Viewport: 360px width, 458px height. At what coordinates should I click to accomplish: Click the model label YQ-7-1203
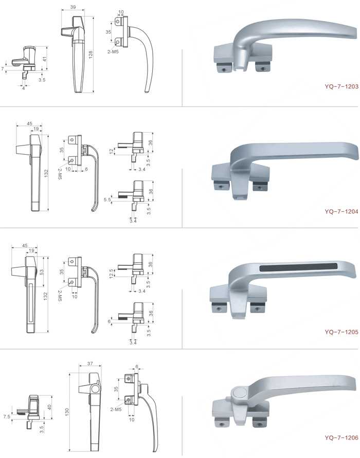coord(341,86)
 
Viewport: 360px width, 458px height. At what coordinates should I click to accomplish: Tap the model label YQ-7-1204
coord(341,211)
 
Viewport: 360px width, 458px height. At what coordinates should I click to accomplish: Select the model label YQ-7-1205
coord(341,332)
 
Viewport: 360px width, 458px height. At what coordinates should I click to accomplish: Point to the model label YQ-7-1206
coord(341,437)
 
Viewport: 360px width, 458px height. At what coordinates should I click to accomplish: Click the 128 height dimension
coord(91,54)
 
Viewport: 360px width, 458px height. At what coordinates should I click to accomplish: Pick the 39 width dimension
coord(73,7)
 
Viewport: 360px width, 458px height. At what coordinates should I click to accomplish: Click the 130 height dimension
coord(67,412)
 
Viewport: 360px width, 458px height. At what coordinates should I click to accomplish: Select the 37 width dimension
coord(90,363)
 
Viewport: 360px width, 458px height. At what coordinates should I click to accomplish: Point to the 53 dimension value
coord(42,272)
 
